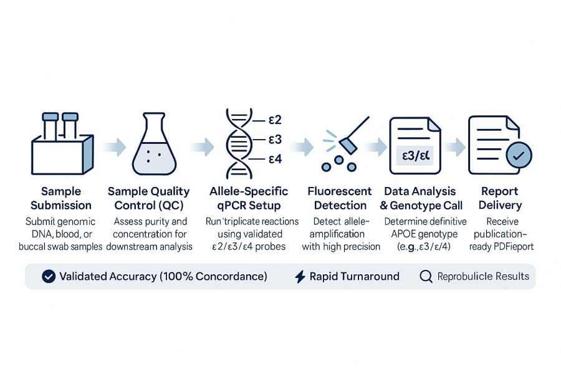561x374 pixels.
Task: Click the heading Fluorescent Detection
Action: point(340,198)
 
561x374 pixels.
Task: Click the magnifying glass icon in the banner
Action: point(426,276)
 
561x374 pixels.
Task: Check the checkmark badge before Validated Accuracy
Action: point(48,276)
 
